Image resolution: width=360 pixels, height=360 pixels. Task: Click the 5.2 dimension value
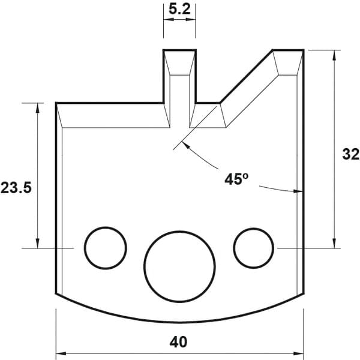pyautogui.click(x=179, y=10)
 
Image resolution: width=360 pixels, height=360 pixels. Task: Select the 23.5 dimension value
pyautogui.click(x=16, y=188)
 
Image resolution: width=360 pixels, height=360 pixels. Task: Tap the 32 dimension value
pyautogui.click(x=350, y=154)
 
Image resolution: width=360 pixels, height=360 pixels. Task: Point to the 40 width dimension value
pyautogui.click(x=178, y=342)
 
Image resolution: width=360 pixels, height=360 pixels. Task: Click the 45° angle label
pyautogui.click(x=236, y=179)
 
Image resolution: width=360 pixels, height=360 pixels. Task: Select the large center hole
pyautogui.click(x=179, y=266)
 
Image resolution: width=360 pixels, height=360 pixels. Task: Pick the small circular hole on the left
pyautogui.click(x=106, y=248)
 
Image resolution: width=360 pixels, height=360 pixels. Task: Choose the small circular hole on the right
pyautogui.click(x=253, y=248)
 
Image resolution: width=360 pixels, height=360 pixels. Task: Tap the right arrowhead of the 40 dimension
pyautogui.click(x=298, y=353)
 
